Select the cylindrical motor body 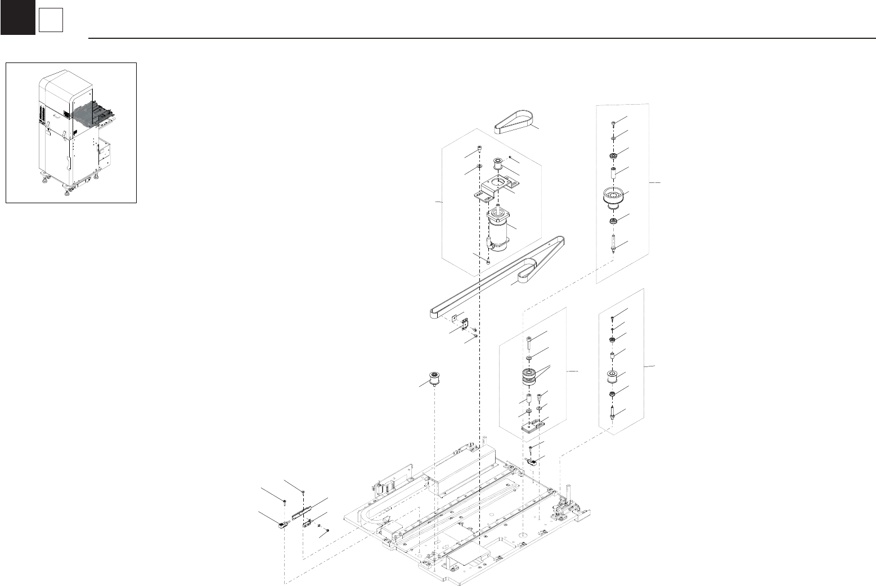pyautogui.click(x=499, y=228)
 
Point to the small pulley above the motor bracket pyautogui.click(x=497, y=165)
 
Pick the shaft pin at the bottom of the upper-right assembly pyautogui.click(x=612, y=244)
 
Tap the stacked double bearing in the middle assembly pyautogui.click(x=529, y=375)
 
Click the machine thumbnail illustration pyautogui.click(x=71, y=132)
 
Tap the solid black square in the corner pyautogui.click(x=17, y=17)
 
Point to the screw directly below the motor pyautogui.click(x=488, y=262)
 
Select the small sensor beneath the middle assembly pyautogui.click(x=532, y=462)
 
